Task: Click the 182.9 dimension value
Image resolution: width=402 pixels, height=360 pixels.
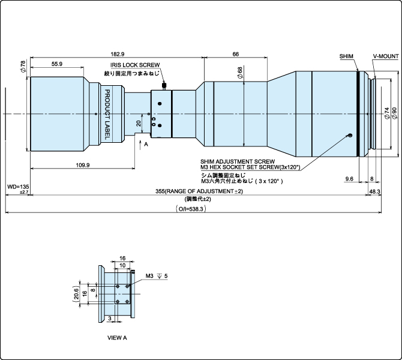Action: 118,54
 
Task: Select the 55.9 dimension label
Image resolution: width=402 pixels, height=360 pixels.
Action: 56,64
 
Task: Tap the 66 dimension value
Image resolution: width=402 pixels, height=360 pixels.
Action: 236,54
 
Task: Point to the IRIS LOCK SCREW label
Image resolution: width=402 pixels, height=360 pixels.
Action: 135,65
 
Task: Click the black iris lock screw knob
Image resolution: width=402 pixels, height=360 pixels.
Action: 164,85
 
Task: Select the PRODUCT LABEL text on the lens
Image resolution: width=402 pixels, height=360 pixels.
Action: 107,115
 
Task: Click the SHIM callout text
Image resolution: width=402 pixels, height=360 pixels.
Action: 346,56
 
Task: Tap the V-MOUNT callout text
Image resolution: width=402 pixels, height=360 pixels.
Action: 386,56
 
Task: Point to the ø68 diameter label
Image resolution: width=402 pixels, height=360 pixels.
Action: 240,73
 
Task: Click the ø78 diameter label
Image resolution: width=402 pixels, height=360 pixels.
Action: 23,67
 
